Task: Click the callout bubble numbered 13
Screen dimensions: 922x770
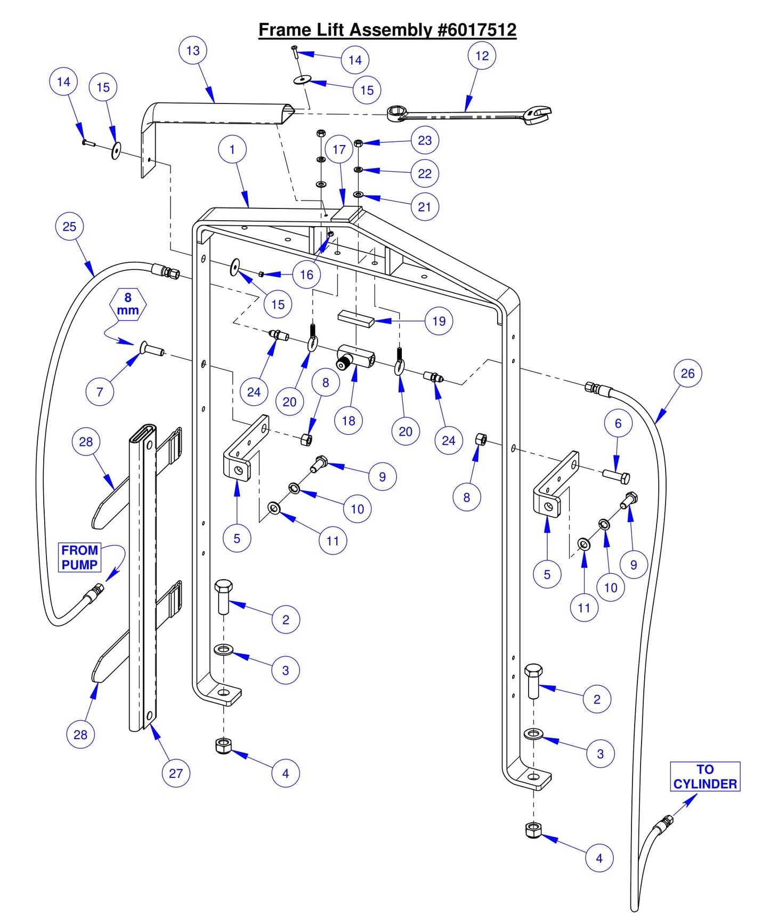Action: [x=193, y=51]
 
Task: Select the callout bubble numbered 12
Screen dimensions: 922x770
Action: [x=482, y=56]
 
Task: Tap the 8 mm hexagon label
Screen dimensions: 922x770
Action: [x=128, y=304]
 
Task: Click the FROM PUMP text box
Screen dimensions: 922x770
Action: [x=79, y=557]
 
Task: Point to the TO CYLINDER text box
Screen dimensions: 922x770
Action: [x=704, y=776]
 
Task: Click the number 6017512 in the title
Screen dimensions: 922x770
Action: [x=477, y=30]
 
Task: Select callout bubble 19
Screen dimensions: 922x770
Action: [x=439, y=321]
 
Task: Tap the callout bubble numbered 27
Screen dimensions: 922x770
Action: [x=176, y=773]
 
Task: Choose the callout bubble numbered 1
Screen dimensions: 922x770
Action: [x=232, y=150]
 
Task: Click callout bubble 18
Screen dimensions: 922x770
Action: [x=348, y=421]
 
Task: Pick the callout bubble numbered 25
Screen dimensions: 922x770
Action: [x=70, y=227]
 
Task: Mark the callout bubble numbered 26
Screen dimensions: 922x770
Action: [x=687, y=373]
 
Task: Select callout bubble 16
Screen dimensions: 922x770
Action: [x=306, y=275]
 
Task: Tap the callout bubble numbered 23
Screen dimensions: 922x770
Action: [x=425, y=140]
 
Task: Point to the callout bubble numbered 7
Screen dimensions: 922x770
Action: [x=100, y=392]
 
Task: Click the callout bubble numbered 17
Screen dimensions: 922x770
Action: [x=339, y=150]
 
